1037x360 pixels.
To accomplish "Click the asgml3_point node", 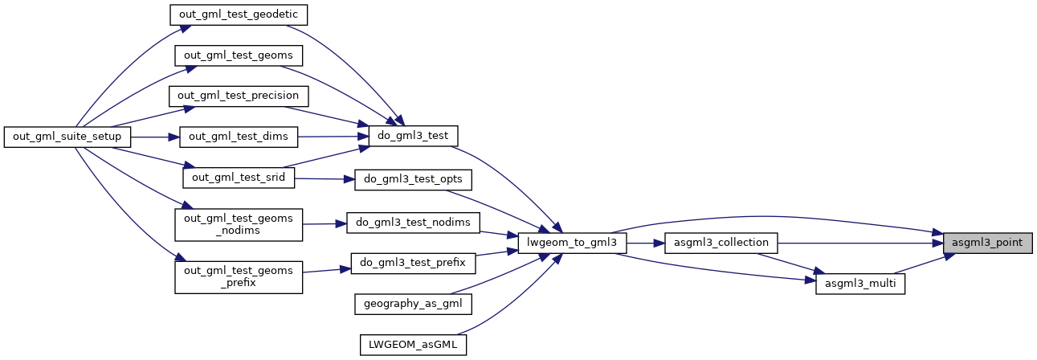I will (x=987, y=242).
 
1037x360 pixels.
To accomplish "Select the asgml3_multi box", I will (x=860, y=284).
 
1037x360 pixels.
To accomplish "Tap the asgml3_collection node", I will (x=721, y=242).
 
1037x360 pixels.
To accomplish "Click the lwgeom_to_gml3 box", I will (x=572, y=242).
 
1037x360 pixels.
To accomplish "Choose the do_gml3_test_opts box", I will (x=413, y=179).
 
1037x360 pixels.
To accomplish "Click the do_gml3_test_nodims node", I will (x=413, y=222).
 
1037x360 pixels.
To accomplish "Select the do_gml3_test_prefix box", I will (x=413, y=262).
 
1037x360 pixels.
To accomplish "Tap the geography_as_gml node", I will (x=413, y=304).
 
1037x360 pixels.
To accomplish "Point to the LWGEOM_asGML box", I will (x=413, y=345).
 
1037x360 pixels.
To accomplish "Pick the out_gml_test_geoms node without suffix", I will (x=239, y=55).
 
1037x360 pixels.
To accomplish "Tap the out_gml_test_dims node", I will (x=239, y=137).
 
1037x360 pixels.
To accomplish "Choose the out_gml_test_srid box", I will (x=239, y=177).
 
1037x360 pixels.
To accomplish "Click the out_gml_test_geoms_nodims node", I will (x=239, y=223).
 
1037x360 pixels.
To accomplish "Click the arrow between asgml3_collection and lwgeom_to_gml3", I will (x=646, y=242).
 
